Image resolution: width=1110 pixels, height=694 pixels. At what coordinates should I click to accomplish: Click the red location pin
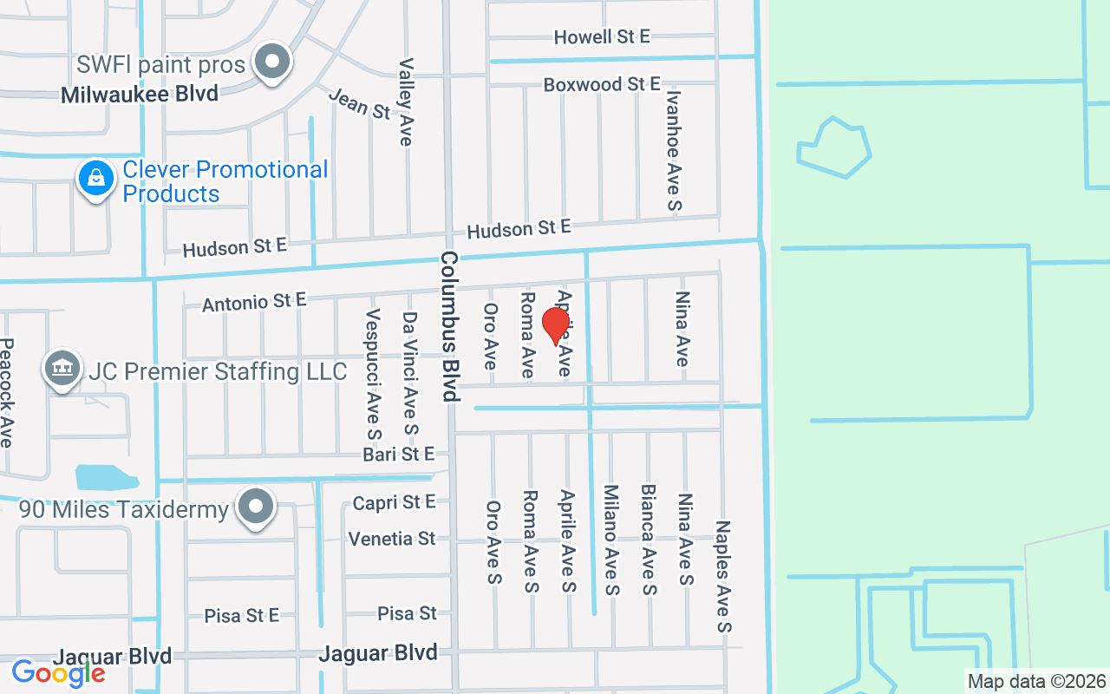tap(555, 326)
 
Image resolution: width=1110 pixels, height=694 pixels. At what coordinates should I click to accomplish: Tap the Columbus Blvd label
tap(448, 326)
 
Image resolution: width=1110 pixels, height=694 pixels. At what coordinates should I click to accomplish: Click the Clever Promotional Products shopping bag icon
tap(96, 179)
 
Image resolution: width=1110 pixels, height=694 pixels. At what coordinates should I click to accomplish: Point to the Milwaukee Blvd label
tap(140, 95)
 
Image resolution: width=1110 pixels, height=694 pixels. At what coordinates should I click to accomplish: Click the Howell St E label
tap(602, 36)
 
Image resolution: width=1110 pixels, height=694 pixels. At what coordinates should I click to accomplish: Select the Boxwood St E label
tap(602, 84)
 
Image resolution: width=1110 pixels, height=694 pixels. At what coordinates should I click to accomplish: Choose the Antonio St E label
tap(254, 302)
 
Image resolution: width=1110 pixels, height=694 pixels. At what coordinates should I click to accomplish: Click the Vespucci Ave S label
tap(374, 374)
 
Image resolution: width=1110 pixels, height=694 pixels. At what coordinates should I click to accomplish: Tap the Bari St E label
tap(398, 455)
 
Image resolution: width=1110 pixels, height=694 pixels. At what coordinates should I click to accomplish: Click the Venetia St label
tap(392, 539)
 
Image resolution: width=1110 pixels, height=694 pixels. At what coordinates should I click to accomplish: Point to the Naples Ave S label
tap(723, 576)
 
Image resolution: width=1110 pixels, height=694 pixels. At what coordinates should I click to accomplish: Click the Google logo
tap(58, 672)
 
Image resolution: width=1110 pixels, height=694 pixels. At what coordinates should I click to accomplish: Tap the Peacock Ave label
tap(7, 393)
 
